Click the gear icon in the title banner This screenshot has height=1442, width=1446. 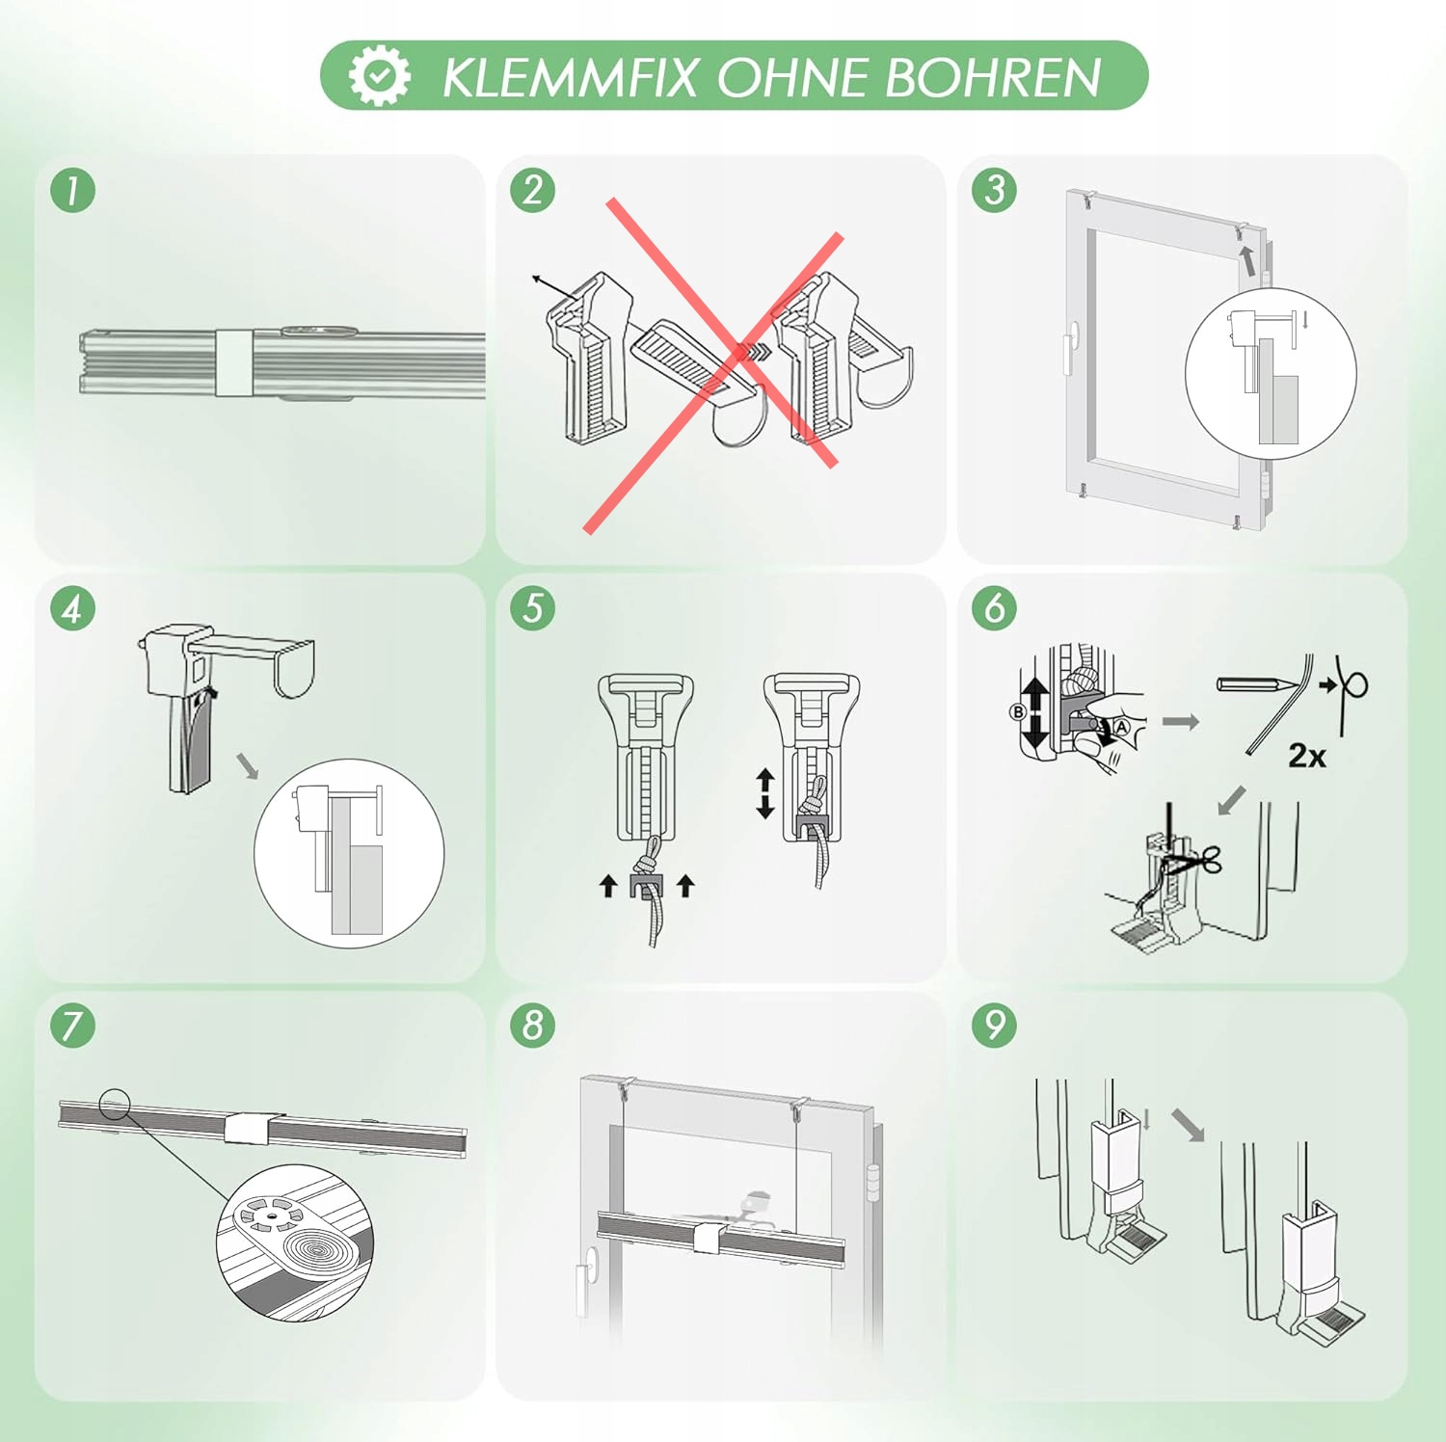379,75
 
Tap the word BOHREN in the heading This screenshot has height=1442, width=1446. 993,77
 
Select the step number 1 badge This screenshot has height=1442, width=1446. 72,190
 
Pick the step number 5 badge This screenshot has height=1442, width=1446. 533,608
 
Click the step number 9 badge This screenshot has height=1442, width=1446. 995,1025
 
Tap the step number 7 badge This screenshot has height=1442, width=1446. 72,1025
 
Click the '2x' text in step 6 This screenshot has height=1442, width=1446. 1307,756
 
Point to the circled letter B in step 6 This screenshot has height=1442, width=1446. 1017,712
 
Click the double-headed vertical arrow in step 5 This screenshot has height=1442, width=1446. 765,793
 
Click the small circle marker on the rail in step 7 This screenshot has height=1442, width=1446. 115,1104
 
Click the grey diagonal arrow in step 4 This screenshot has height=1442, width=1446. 248,766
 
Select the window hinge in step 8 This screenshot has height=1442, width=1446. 873,1183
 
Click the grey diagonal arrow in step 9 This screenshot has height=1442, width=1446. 1189,1125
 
